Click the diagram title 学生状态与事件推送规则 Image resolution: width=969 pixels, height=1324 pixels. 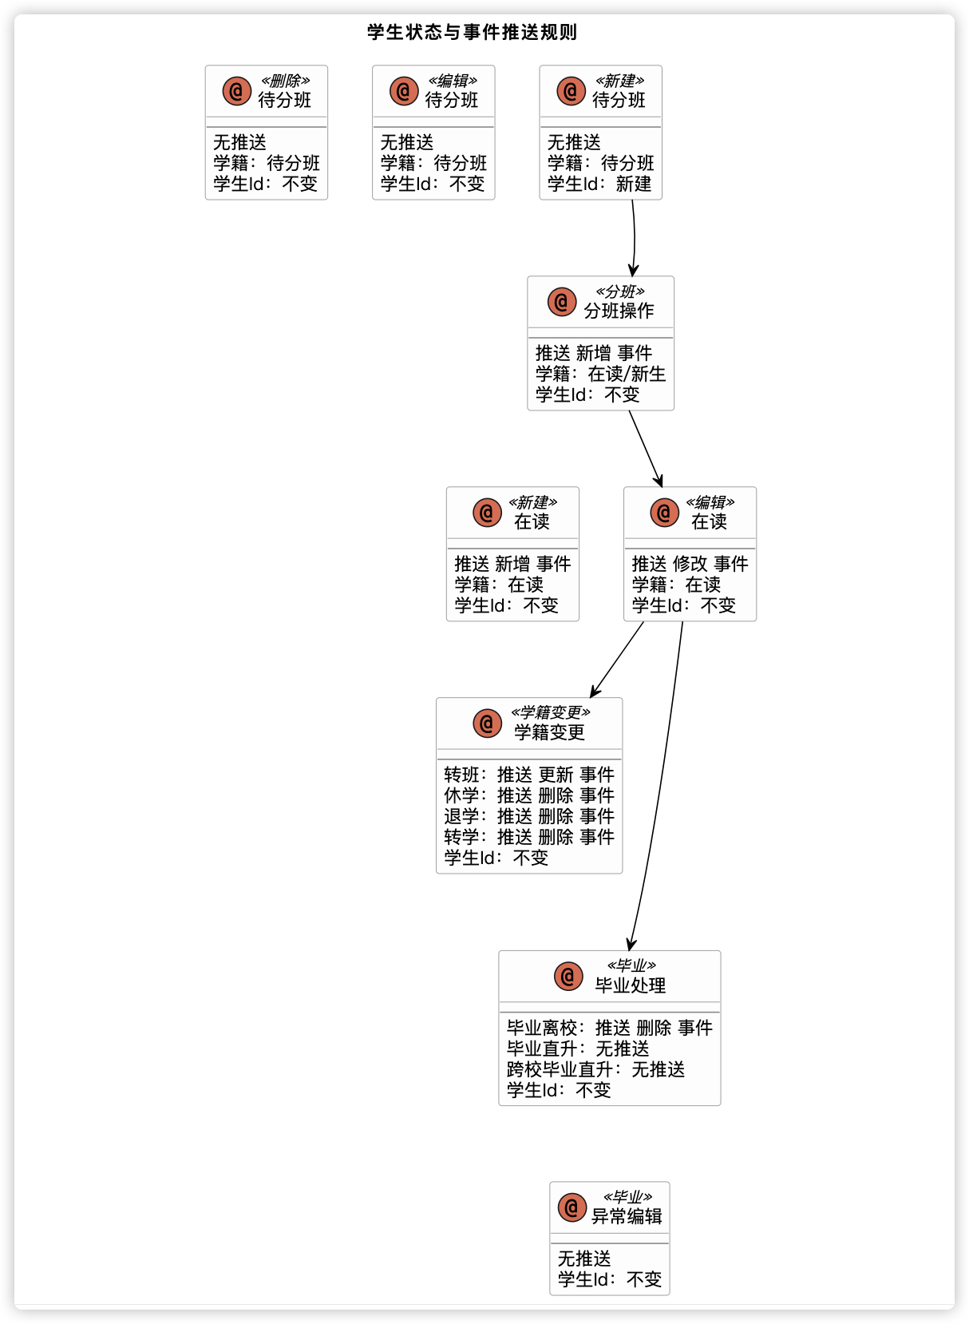472,33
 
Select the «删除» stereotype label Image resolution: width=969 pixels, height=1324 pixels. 285,81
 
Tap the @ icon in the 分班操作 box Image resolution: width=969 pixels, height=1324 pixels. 562,302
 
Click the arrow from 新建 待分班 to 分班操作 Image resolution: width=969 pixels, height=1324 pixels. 635,238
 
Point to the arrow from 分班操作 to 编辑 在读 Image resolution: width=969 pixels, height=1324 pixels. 645,448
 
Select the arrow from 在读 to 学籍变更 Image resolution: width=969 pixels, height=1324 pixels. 617,660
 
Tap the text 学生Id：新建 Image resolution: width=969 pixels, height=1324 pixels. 599,184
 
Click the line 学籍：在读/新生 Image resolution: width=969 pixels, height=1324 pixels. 600,374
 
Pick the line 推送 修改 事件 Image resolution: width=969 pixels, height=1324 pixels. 690,564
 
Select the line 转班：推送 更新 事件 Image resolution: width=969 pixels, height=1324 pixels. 529,775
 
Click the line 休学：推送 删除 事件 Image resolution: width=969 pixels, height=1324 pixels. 529,795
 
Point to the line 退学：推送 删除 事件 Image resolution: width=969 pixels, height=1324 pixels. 529,816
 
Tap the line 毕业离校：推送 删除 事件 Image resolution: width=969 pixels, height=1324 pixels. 609,1028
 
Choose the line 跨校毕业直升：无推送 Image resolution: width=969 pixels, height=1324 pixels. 595,1069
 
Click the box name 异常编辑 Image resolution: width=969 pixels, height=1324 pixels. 627,1216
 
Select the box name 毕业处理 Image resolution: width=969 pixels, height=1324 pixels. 631,985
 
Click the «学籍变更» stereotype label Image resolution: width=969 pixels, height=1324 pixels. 551,712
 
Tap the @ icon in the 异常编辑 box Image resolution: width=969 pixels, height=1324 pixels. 572,1207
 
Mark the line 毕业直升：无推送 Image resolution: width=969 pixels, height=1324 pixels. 578,1048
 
